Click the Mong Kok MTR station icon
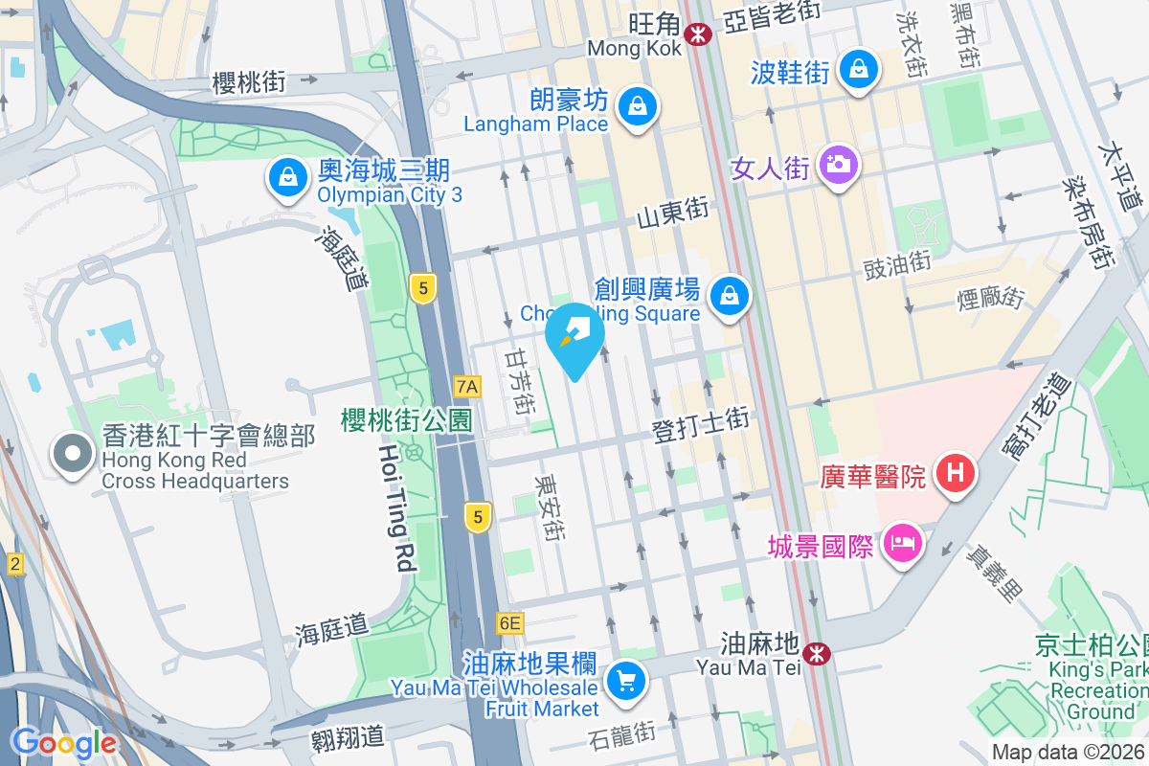pos(697,34)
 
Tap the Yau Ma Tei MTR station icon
pos(817,654)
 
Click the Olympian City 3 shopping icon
pos(286,179)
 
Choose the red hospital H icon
pos(955,473)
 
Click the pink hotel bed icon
pos(902,546)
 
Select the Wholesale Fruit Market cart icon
pos(626,682)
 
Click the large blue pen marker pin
pos(574,336)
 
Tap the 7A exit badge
pos(467,387)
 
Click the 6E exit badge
pos(510,623)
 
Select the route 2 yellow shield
pos(14,565)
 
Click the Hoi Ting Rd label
pos(396,507)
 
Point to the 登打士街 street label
pos(700,426)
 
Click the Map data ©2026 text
pos(1068,753)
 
